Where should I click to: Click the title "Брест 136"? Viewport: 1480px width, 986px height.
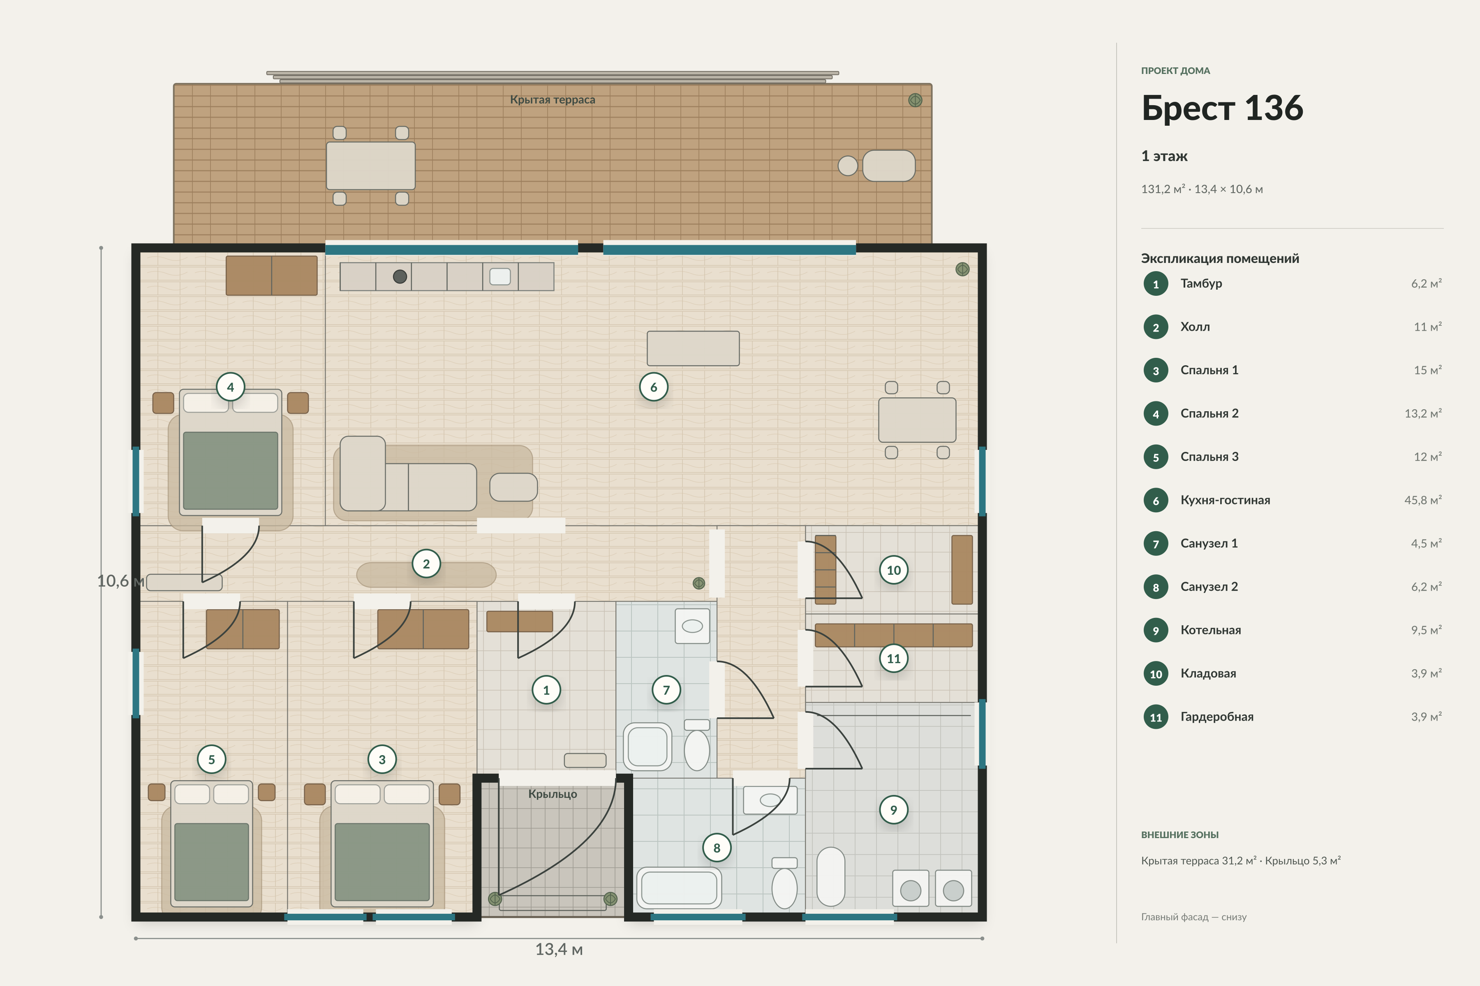click(x=1222, y=108)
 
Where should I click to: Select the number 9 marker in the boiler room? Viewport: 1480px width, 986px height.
click(x=893, y=810)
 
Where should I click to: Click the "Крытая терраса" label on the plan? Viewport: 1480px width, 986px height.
click(x=553, y=99)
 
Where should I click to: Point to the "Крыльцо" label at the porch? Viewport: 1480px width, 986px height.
click(x=553, y=794)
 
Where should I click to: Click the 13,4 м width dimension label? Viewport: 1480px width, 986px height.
click(x=559, y=949)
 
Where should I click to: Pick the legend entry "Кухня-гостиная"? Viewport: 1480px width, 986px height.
click(x=1225, y=500)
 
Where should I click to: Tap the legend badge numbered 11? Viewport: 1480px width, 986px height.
click(x=1156, y=717)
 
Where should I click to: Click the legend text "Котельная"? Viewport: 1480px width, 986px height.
click(x=1211, y=630)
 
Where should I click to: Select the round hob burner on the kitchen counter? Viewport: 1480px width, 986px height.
click(x=400, y=276)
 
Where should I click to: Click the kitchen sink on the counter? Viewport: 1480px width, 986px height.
click(x=500, y=276)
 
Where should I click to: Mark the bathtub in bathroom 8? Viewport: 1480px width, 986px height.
click(x=679, y=888)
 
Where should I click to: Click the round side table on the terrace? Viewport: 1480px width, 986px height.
click(x=848, y=166)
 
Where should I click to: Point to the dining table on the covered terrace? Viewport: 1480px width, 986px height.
click(x=371, y=166)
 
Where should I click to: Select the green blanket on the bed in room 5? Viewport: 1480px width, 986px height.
click(x=211, y=862)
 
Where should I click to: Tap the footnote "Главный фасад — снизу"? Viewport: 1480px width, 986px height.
click(x=1194, y=917)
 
